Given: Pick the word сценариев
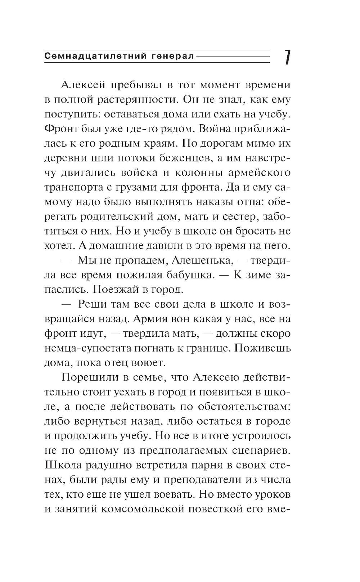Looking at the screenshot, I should click(x=260, y=451).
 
